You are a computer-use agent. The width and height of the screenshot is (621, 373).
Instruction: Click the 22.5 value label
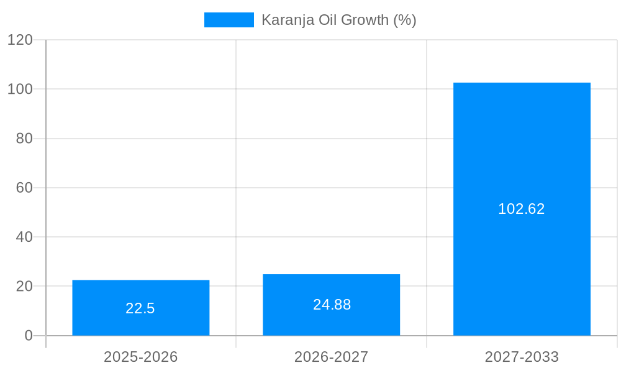coord(140,308)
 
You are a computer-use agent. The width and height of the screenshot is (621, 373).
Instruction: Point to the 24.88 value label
coord(332,305)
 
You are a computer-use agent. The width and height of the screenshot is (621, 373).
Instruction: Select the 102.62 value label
coord(521,209)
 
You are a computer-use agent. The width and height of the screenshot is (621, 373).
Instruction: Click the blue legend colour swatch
coord(229,20)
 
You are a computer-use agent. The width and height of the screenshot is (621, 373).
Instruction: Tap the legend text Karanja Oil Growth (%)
coord(338,20)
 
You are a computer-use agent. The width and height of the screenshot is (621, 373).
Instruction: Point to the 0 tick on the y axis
coord(28,336)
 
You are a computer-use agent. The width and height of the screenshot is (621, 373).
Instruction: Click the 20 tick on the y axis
coord(24,287)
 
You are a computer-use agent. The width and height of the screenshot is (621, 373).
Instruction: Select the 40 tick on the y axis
coord(24,237)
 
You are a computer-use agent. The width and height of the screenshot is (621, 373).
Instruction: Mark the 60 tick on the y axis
coord(24,188)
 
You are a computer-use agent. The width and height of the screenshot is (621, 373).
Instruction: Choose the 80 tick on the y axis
coord(24,139)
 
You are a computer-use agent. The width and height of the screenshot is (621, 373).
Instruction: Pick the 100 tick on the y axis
coord(20,89)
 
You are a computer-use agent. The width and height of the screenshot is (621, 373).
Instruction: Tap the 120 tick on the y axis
coord(20,40)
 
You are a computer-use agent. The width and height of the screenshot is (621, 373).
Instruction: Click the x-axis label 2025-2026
coord(140,357)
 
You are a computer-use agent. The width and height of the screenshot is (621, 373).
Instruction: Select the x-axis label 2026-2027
coord(331,357)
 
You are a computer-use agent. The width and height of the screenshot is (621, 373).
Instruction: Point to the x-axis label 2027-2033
coord(522,357)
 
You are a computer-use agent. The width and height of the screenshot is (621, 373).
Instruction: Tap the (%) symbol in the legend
coord(405,20)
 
